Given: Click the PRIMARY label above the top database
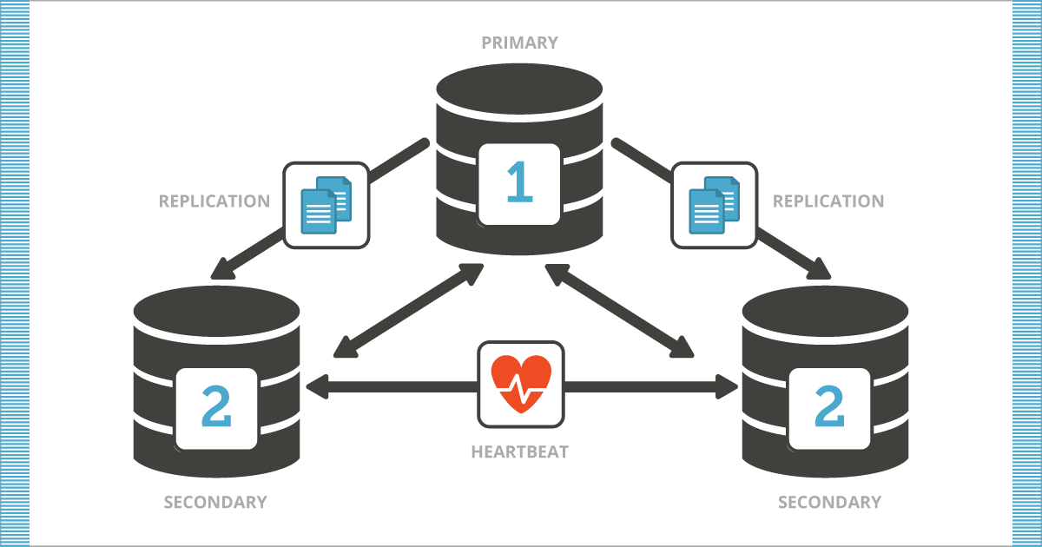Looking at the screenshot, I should coord(519,42).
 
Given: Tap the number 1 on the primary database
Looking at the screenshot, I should coord(519,183).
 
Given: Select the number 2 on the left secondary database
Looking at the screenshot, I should coord(216,407).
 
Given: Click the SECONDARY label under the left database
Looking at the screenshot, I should coord(215,502).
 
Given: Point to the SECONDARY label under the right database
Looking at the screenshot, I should coord(829,502).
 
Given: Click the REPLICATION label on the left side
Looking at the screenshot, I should coord(214,201).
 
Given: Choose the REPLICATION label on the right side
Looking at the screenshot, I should coord(828,201).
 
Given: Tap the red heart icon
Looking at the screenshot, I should coord(521,383).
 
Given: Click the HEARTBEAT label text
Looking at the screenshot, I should coord(520,451).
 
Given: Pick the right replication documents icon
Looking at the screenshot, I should coord(715,205).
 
